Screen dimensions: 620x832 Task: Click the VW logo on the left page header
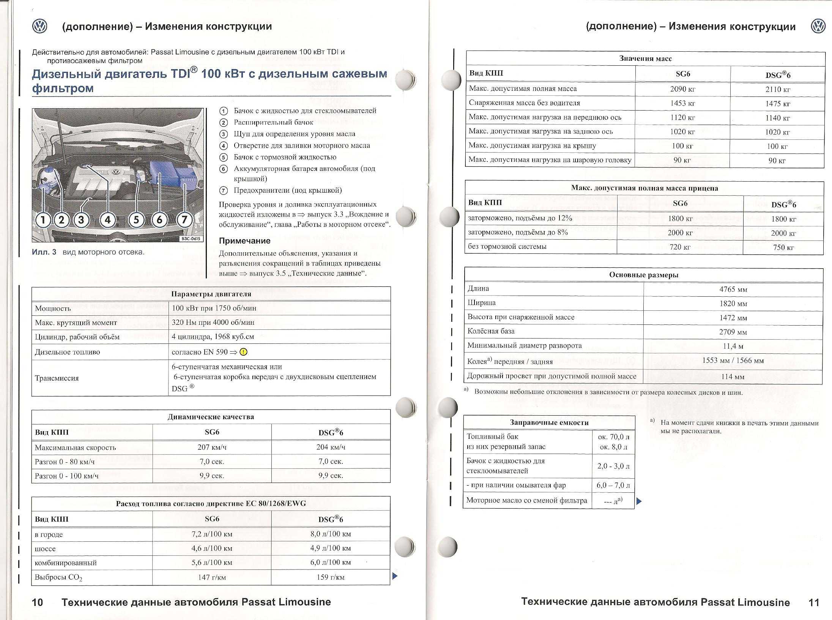pos(39,26)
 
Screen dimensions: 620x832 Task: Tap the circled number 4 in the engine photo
pos(108,220)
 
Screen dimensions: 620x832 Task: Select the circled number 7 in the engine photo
pos(184,220)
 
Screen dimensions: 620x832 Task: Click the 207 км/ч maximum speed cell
pos(212,447)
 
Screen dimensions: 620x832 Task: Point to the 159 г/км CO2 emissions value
pos(330,577)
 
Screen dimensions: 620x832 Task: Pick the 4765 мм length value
pos(733,289)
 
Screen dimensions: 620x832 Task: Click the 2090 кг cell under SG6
pos(682,89)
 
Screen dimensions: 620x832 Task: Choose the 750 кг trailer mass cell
pos(783,248)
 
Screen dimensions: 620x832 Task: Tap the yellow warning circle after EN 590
pos(244,352)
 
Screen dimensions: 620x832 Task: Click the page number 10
pos(38,602)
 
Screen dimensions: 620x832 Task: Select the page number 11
pos(814,603)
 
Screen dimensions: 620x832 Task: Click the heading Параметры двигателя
pos(211,294)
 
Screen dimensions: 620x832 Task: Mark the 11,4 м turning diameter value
pos(733,346)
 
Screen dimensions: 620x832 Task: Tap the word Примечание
pos(244,241)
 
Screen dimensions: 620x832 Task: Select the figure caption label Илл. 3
pos(44,252)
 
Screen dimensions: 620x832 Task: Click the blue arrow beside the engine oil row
pos(639,501)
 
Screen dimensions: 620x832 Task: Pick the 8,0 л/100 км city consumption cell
pos(330,534)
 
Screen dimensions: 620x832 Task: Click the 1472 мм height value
pos(733,318)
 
